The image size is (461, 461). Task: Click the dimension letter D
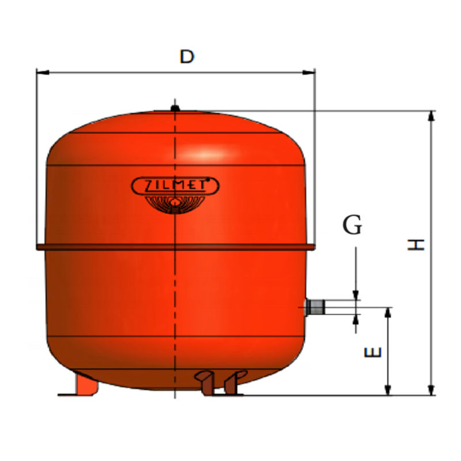(x=187, y=56)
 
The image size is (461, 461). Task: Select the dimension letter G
(x=352, y=225)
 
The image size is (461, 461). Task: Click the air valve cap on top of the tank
(x=175, y=106)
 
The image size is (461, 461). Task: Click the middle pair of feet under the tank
(x=218, y=382)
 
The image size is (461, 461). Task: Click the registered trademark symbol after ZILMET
(x=215, y=180)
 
